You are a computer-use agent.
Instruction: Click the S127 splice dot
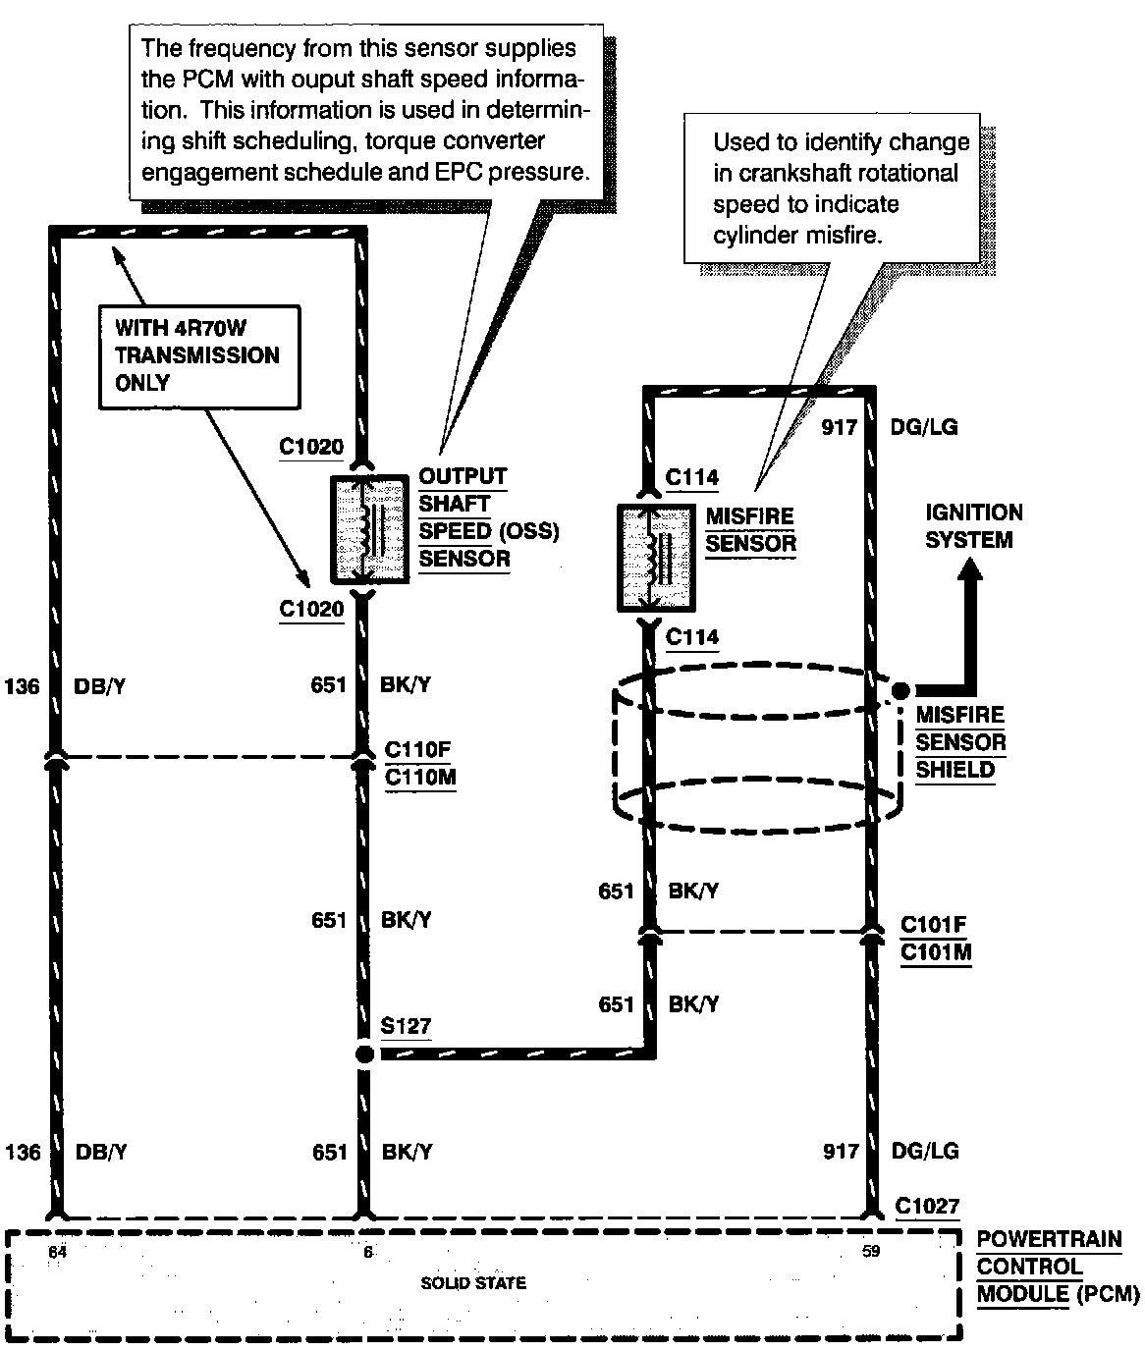(364, 1054)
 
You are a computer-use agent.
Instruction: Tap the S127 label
(406, 1026)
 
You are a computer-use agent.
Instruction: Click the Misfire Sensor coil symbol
(656, 559)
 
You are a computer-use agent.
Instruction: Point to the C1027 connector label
(927, 1207)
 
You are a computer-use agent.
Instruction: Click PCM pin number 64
(59, 1252)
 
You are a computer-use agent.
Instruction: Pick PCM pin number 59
(871, 1252)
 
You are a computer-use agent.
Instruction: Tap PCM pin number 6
(368, 1252)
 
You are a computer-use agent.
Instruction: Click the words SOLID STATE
(473, 1282)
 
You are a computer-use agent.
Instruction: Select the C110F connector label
(417, 750)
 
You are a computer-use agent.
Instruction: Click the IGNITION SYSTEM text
(973, 526)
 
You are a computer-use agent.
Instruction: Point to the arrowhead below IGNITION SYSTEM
(970, 573)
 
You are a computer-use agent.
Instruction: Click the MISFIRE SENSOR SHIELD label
(960, 742)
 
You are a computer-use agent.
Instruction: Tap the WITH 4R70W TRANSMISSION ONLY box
(198, 355)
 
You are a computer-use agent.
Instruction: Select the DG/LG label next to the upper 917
(924, 427)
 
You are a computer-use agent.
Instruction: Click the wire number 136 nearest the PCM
(23, 1152)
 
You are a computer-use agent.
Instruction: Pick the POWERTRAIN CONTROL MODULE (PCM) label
(1057, 1267)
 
